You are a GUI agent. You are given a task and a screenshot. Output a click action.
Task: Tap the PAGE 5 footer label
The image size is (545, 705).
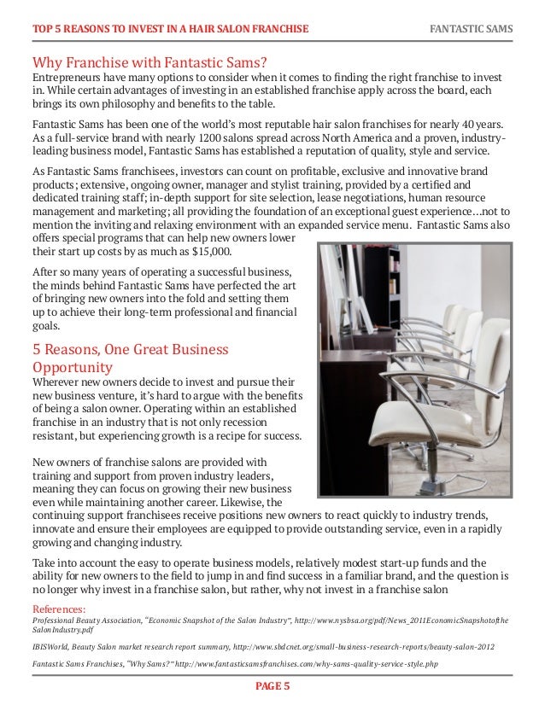point(272,685)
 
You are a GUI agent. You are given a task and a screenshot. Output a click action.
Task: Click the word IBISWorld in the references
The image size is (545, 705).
point(50,647)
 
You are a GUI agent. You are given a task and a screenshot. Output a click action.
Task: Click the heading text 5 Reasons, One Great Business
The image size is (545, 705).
point(131,349)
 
